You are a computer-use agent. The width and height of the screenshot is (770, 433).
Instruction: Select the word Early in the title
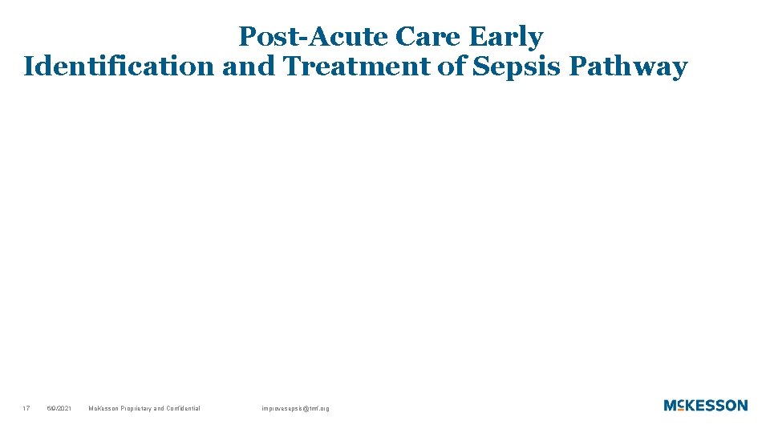pyautogui.click(x=506, y=38)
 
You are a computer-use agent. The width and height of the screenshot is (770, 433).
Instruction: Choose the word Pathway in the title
pyautogui.click(x=628, y=67)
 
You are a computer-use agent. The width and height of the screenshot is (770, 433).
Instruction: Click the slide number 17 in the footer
pyautogui.click(x=26, y=409)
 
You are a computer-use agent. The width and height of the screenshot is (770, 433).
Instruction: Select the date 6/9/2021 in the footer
pyautogui.click(x=59, y=409)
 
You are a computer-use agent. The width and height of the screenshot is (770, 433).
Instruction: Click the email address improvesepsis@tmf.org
pyautogui.click(x=295, y=409)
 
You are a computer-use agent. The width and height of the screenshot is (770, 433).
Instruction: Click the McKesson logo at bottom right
pyautogui.click(x=705, y=406)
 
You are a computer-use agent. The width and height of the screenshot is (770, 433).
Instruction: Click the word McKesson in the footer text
pyautogui.click(x=103, y=409)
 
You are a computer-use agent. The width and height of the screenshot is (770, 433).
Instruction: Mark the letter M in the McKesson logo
pyautogui.click(x=670, y=406)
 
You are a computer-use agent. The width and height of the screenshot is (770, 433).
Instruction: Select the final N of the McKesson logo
pyautogui.click(x=741, y=406)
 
